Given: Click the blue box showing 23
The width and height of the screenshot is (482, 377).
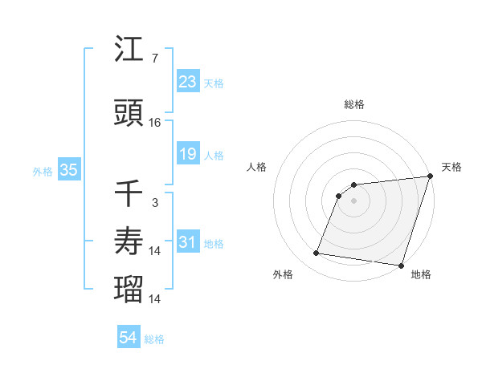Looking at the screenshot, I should click(188, 82).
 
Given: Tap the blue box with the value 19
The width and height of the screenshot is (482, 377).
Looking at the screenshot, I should click(188, 154).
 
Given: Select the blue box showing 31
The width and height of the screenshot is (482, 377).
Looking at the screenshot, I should click(188, 243).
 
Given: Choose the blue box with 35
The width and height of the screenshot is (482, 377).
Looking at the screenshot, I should click(68, 170).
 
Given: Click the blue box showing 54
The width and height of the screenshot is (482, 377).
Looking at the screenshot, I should click(129, 338).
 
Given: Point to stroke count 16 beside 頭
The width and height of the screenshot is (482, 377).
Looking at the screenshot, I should click(155, 122).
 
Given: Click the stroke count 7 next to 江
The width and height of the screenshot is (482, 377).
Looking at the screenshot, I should click(154, 59).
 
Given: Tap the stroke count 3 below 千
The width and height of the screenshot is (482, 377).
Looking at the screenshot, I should click(154, 202).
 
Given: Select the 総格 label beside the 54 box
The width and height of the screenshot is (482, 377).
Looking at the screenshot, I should click(154, 339).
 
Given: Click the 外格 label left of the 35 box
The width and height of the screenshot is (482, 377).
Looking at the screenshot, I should click(42, 171).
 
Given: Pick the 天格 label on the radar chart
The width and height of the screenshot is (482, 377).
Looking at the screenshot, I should click(451, 167).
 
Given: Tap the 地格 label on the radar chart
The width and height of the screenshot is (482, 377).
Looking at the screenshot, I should click(421, 274).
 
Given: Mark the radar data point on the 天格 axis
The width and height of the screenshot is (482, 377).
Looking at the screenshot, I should click(430, 176).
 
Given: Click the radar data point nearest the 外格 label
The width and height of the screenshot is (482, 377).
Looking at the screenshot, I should click(316, 253).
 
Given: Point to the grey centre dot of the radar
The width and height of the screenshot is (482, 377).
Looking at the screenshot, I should click(353, 201).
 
